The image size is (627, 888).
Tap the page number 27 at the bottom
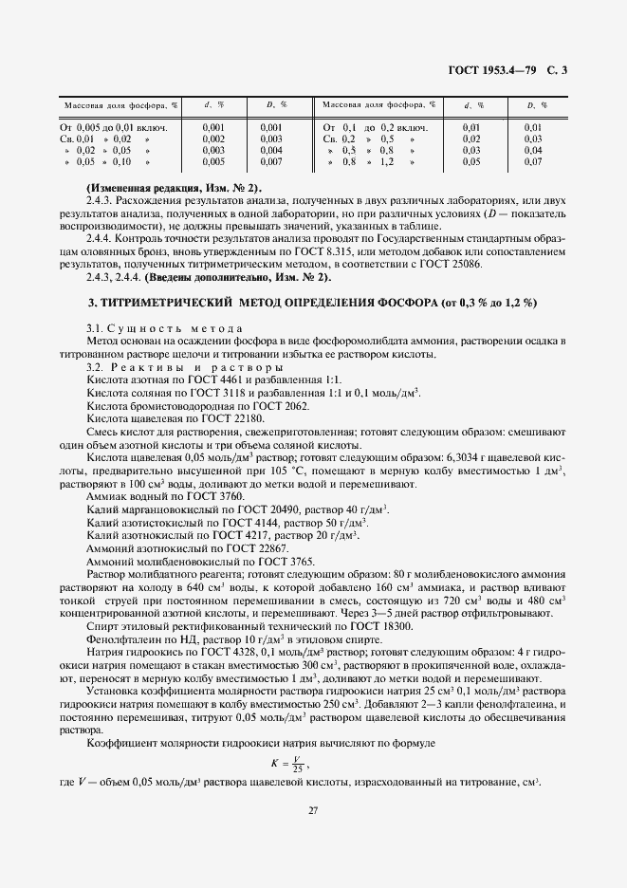pyautogui.click(x=313, y=809)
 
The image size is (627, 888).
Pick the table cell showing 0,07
pyautogui.click(x=533, y=162)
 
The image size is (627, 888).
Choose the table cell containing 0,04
pyautogui.click(x=533, y=150)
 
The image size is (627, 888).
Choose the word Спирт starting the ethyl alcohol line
pyautogui.click(x=101, y=627)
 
